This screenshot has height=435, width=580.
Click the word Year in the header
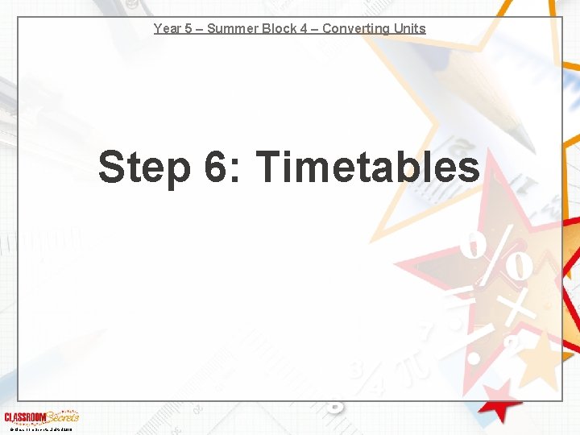point(168,29)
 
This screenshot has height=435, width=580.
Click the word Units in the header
point(408,29)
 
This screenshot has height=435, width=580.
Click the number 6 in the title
point(215,168)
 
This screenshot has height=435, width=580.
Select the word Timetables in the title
point(367,168)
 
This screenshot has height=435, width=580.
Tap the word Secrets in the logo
point(61,416)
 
